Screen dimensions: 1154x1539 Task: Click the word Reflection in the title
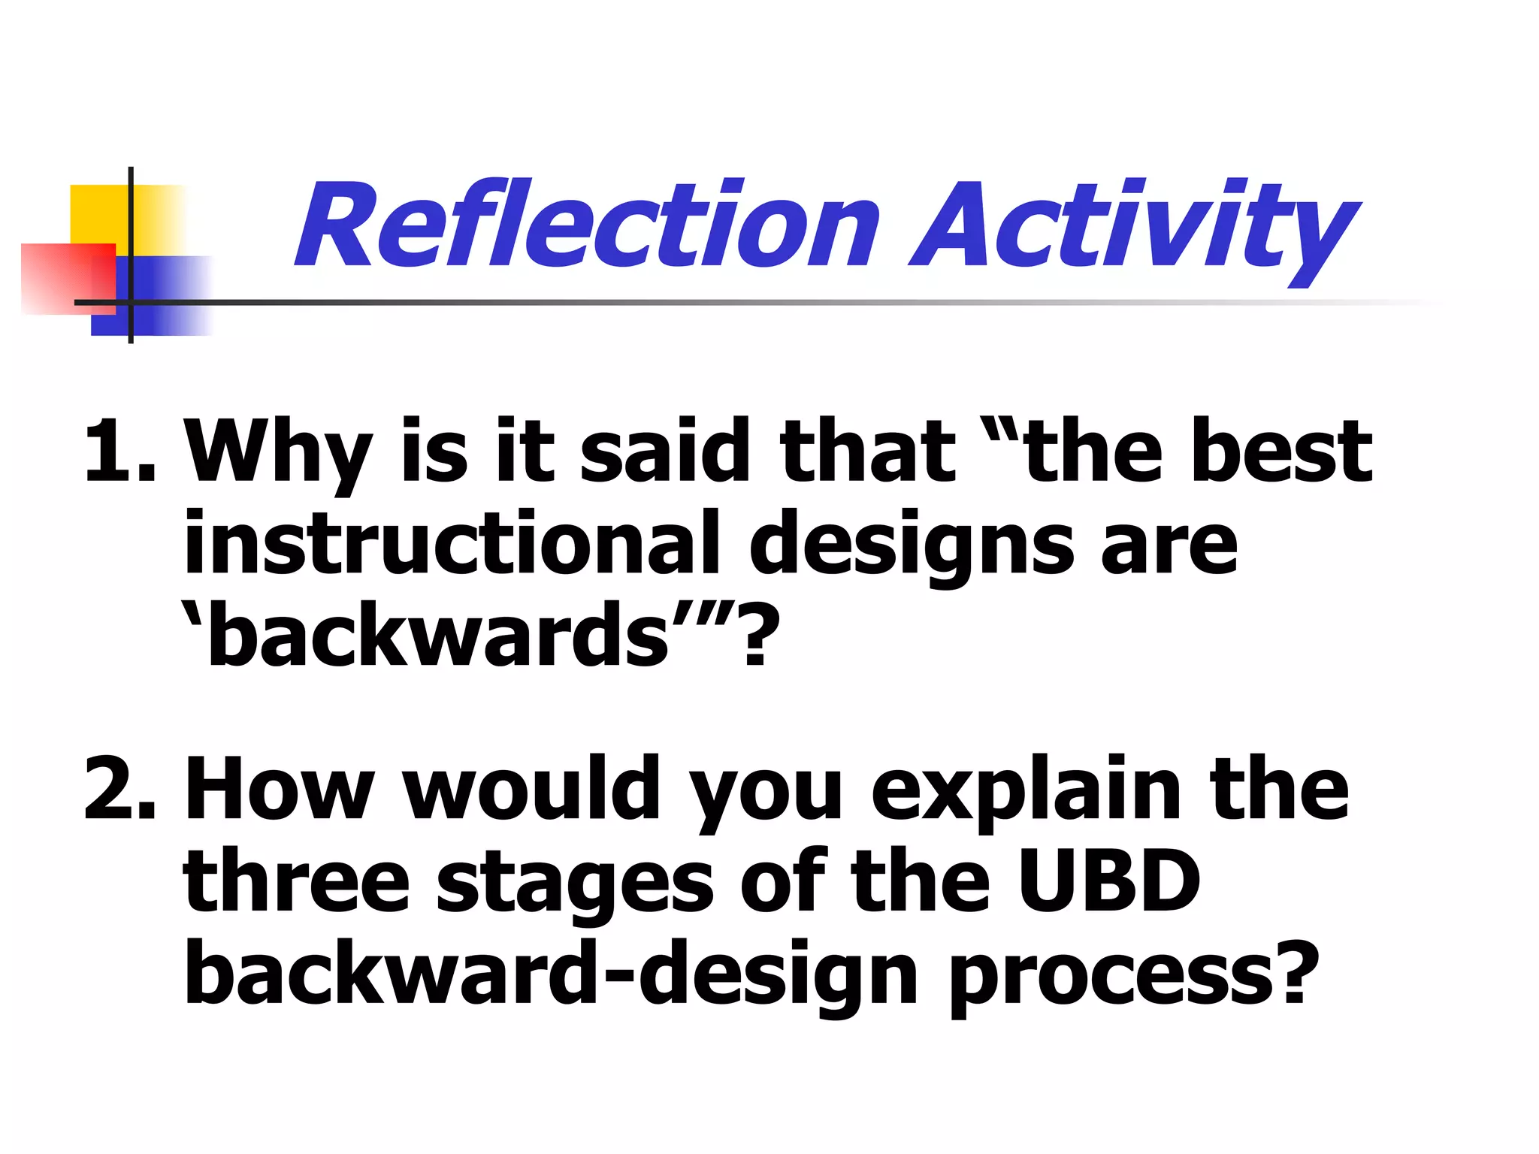(x=586, y=225)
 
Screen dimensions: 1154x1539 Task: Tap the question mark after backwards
(x=755, y=635)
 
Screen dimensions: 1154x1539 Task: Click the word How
(x=278, y=789)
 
